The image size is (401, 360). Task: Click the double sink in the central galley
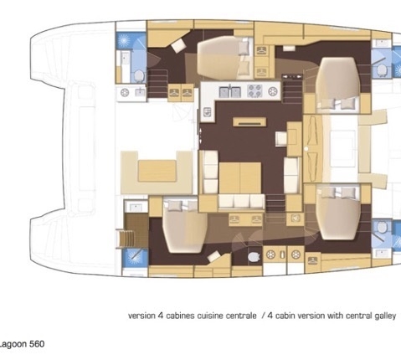tap(230, 92)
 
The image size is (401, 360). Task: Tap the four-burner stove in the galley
tap(254, 91)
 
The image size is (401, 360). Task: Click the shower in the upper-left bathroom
tap(124, 40)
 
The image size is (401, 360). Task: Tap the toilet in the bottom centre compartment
tap(254, 257)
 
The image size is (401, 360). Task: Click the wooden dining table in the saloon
tap(240, 177)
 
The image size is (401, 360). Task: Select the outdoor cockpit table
tap(157, 170)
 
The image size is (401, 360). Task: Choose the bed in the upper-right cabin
tap(338, 83)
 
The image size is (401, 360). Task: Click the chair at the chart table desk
tap(281, 139)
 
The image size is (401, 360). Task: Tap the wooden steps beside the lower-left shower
tap(125, 239)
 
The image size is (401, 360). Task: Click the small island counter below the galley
tap(249, 122)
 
